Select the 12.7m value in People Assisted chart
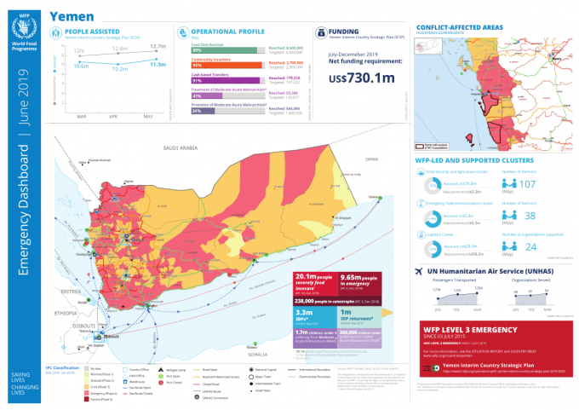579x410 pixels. tap(158, 46)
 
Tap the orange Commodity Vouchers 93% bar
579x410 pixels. tap(226, 65)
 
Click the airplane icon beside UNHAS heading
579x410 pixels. tap(419, 272)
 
